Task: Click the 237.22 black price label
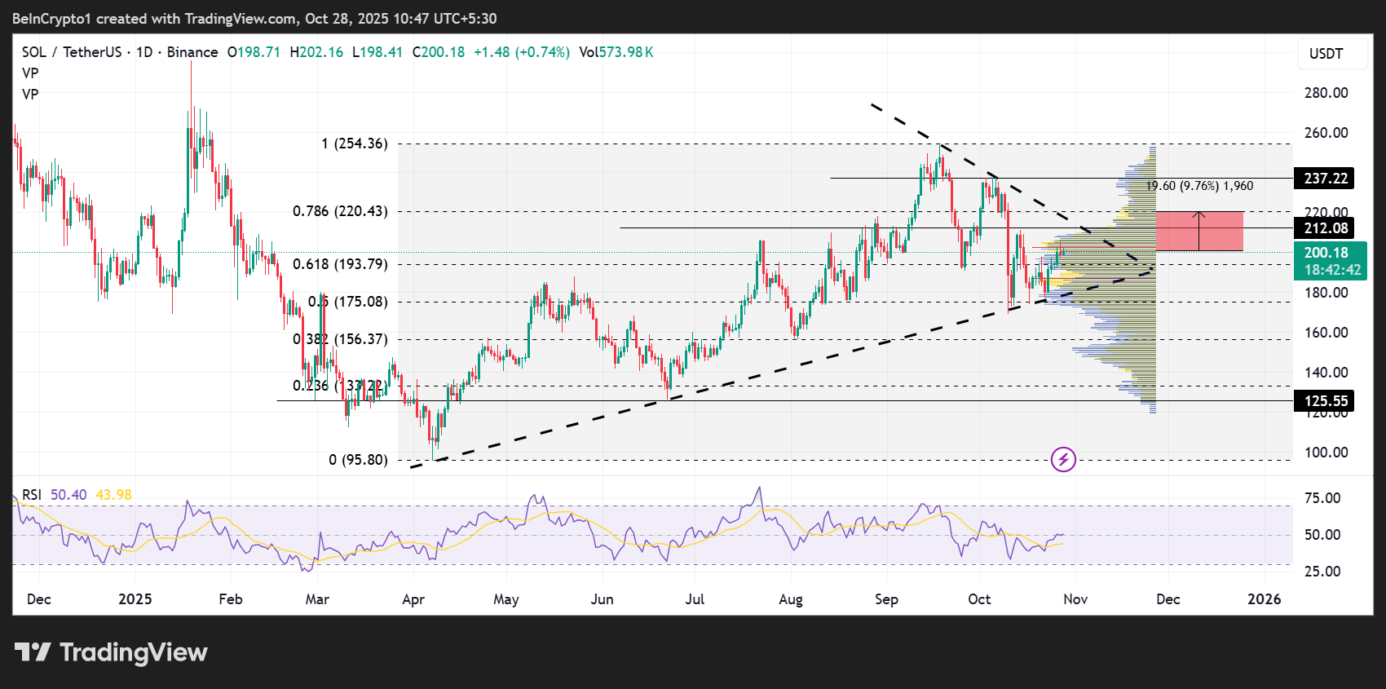point(1325,179)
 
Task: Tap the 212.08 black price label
point(1325,228)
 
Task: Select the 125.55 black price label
point(1325,400)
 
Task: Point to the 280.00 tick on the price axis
point(1326,93)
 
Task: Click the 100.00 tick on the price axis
point(1326,453)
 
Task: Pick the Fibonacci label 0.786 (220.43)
point(340,211)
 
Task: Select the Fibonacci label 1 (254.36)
point(354,144)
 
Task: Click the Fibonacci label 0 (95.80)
point(358,460)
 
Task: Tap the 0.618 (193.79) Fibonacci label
point(340,264)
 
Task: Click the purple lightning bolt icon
point(1063,460)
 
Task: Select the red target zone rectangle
point(1199,231)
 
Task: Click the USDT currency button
point(1326,54)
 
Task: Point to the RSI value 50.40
point(68,495)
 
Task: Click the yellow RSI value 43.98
point(113,495)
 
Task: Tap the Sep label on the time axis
point(886,599)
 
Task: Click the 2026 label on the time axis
point(1264,599)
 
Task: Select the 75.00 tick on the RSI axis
point(1322,498)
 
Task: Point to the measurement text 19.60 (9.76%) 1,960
point(1199,186)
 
